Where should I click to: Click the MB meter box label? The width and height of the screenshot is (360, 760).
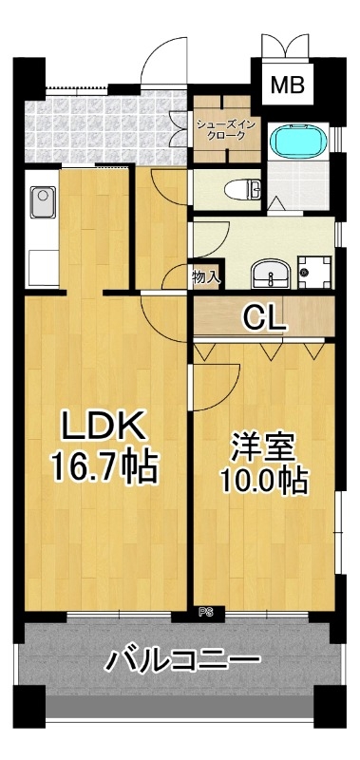(x=287, y=85)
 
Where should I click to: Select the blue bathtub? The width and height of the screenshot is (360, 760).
(x=298, y=142)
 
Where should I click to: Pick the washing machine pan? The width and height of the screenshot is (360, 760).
(x=314, y=273)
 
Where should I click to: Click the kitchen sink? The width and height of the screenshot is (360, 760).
(x=42, y=202)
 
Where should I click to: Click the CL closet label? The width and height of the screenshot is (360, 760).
(x=263, y=317)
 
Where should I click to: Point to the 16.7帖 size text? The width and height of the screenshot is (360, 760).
(x=104, y=466)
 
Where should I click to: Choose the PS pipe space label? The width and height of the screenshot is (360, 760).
(x=206, y=613)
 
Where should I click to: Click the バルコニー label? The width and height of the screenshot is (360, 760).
(x=182, y=660)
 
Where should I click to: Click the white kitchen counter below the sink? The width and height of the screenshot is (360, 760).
(x=43, y=267)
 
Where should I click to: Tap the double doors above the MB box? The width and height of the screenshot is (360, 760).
(x=286, y=46)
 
